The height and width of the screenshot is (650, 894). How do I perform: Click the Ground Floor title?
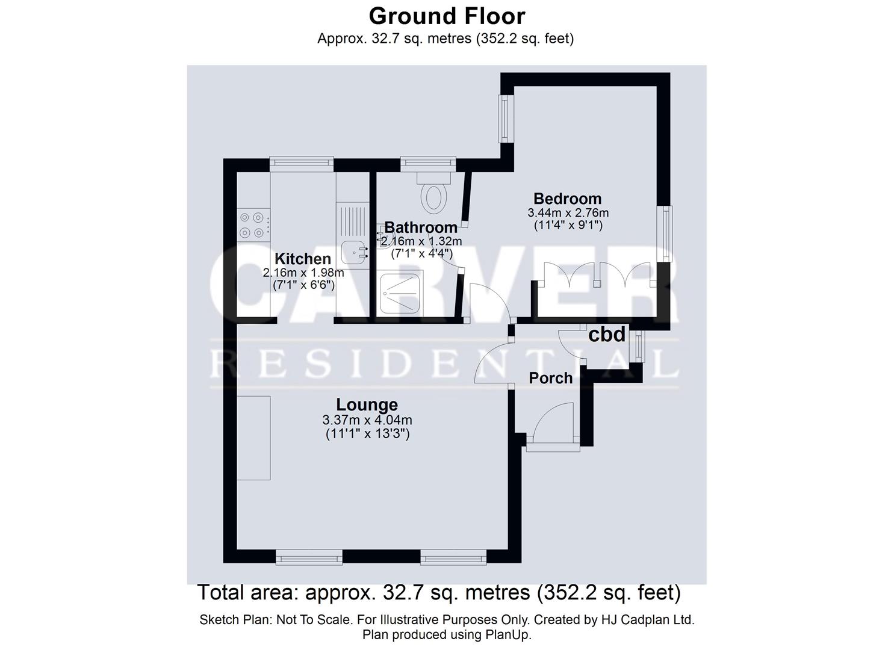(x=447, y=16)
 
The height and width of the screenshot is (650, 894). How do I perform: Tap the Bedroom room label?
(x=567, y=199)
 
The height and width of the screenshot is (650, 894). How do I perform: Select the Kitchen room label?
(x=303, y=259)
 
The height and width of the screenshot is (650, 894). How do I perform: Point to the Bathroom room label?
(x=421, y=227)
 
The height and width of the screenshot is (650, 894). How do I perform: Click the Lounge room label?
(x=367, y=404)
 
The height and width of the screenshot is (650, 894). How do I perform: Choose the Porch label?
(x=550, y=378)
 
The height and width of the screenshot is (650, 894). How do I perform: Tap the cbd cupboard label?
(x=606, y=335)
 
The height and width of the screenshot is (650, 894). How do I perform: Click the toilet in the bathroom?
(x=433, y=193)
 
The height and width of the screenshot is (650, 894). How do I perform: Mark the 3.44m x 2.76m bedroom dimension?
(x=567, y=213)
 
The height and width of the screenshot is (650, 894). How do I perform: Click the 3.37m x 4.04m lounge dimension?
(x=367, y=420)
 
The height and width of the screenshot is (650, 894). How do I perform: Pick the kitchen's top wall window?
(x=301, y=162)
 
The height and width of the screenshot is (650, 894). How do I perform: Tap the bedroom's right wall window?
(x=665, y=234)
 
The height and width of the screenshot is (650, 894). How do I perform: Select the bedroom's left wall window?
(x=504, y=118)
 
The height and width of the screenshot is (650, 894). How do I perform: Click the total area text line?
(x=439, y=593)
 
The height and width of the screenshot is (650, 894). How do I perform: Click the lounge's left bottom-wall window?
(x=309, y=559)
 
